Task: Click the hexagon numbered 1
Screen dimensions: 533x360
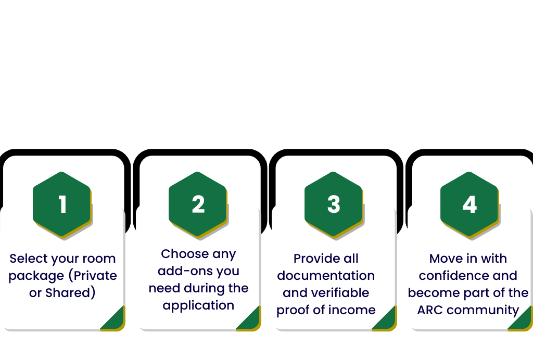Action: pos(62,204)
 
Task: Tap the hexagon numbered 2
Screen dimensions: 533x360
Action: pos(198,204)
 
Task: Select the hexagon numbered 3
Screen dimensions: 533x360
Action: pos(334,204)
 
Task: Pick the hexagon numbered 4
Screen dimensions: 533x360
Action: pos(469,204)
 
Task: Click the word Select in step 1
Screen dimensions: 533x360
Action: pos(28,259)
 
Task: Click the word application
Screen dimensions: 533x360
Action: pos(198,305)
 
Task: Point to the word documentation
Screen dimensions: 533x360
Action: pos(326,276)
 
